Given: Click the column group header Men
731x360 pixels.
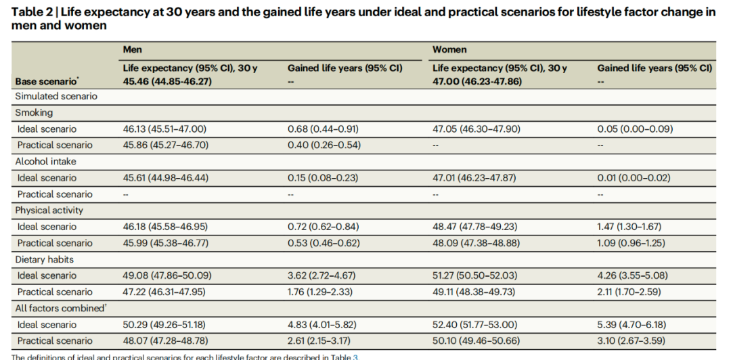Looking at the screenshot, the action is pos(133,49).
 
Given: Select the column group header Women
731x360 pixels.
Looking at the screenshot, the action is pos(449,49).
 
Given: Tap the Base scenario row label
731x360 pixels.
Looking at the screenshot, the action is pos(46,82).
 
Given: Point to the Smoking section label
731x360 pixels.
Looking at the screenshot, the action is pos(34,112).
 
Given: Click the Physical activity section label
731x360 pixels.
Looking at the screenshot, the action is pos(49,210).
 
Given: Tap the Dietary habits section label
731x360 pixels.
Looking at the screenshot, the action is pos(44,259).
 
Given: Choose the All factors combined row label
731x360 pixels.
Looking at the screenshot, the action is pos(52,309).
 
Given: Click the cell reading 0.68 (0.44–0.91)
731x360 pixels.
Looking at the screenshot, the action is pos(323,129).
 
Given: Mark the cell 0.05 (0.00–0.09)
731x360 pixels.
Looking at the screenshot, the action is pos(635,129).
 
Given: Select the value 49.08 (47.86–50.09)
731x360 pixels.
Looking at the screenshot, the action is pos(167,275).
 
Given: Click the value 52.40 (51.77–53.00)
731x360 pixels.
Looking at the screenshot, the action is pos(474,325).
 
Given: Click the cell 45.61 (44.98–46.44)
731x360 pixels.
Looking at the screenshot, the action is pos(165,178).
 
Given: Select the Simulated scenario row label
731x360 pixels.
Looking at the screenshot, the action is pos(56,97).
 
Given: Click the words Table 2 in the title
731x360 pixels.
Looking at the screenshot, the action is pos(28,12).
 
